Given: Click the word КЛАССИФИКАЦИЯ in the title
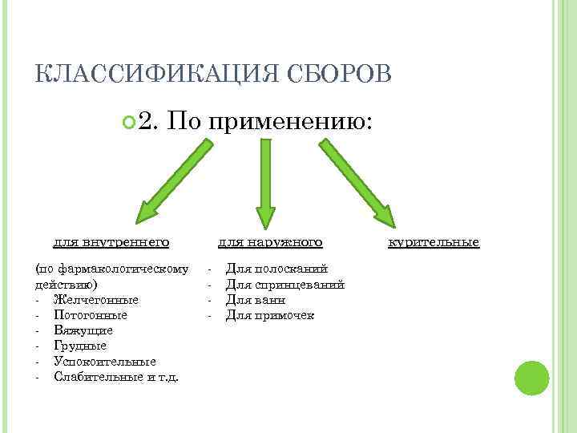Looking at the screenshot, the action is point(148,75).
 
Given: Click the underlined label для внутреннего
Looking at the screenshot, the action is point(111,241).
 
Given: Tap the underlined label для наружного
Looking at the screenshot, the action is point(270,241).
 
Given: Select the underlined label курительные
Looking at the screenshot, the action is point(434,241).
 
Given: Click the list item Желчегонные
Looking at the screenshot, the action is point(95,299).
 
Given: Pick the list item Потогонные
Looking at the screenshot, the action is point(90,314).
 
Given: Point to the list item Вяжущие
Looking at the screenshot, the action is point(83,330).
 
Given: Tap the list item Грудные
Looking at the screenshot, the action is point(79,346).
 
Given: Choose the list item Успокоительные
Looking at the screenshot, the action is point(105,361).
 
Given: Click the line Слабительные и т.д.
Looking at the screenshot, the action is point(116,376).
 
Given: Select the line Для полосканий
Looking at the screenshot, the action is point(276,269).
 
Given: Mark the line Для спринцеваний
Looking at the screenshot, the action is point(285,284).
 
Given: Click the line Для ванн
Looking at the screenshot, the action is point(256,299).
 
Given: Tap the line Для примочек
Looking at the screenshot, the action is point(270,314).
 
